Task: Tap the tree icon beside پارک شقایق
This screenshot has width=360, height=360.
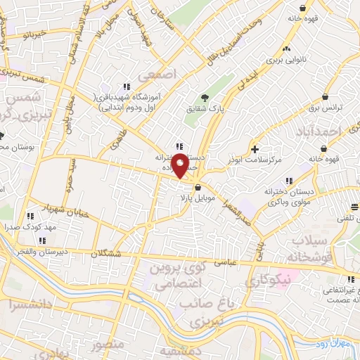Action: click(x=205, y=98)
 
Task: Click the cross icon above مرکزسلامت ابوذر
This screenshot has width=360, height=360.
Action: click(x=255, y=149)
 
